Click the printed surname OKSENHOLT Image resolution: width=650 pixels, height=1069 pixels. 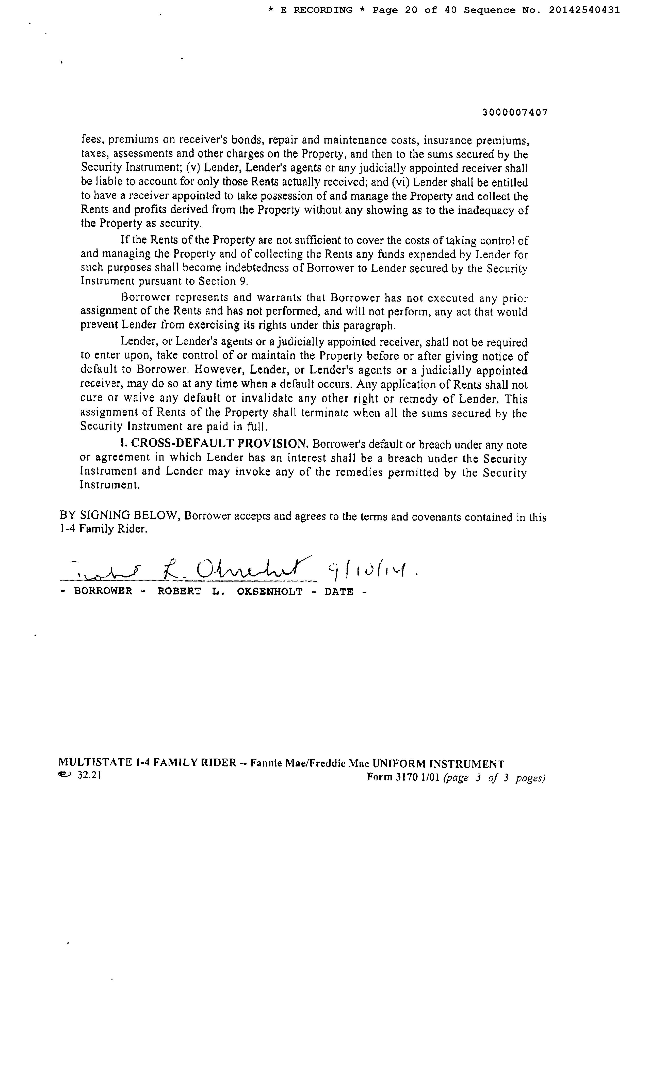pos(269,592)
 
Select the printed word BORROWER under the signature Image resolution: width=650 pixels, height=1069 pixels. pos(103,592)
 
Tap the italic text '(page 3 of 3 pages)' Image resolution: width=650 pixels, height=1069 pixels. pos(494,778)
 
